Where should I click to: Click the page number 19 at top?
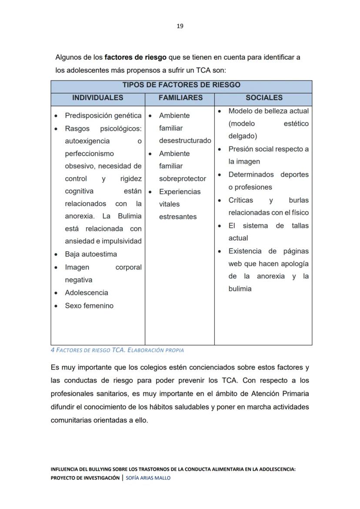pyautogui.click(x=180, y=26)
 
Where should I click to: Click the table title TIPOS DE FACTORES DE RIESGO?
pyautogui.click(x=181, y=85)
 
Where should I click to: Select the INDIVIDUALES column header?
pyautogui.click(x=97, y=98)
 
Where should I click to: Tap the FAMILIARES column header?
pyautogui.click(x=180, y=98)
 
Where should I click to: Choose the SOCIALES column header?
pyautogui.click(x=264, y=98)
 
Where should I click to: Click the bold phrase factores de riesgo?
pyautogui.click(x=136, y=57)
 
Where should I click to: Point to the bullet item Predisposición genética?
pyautogui.click(x=103, y=116)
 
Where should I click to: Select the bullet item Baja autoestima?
pyautogui.click(x=91, y=254)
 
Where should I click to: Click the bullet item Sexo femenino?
pyautogui.click(x=89, y=306)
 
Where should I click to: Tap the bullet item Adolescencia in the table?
pyautogui.click(x=87, y=293)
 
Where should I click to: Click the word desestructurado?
pyautogui.click(x=185, y=141)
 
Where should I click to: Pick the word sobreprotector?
pyautogui.click(x=183, y=179)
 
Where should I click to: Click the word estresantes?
pyautogui.click(x=178, y=217)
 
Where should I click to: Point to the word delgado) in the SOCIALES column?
pyautogui.click(x=243, y=136)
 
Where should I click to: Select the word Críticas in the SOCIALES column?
pyautogui.click(x=240, y=201)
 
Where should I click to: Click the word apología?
pyautogui.click(x=294, y=264)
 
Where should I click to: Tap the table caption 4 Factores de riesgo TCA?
pyautogui.click(x=117, y=350)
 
